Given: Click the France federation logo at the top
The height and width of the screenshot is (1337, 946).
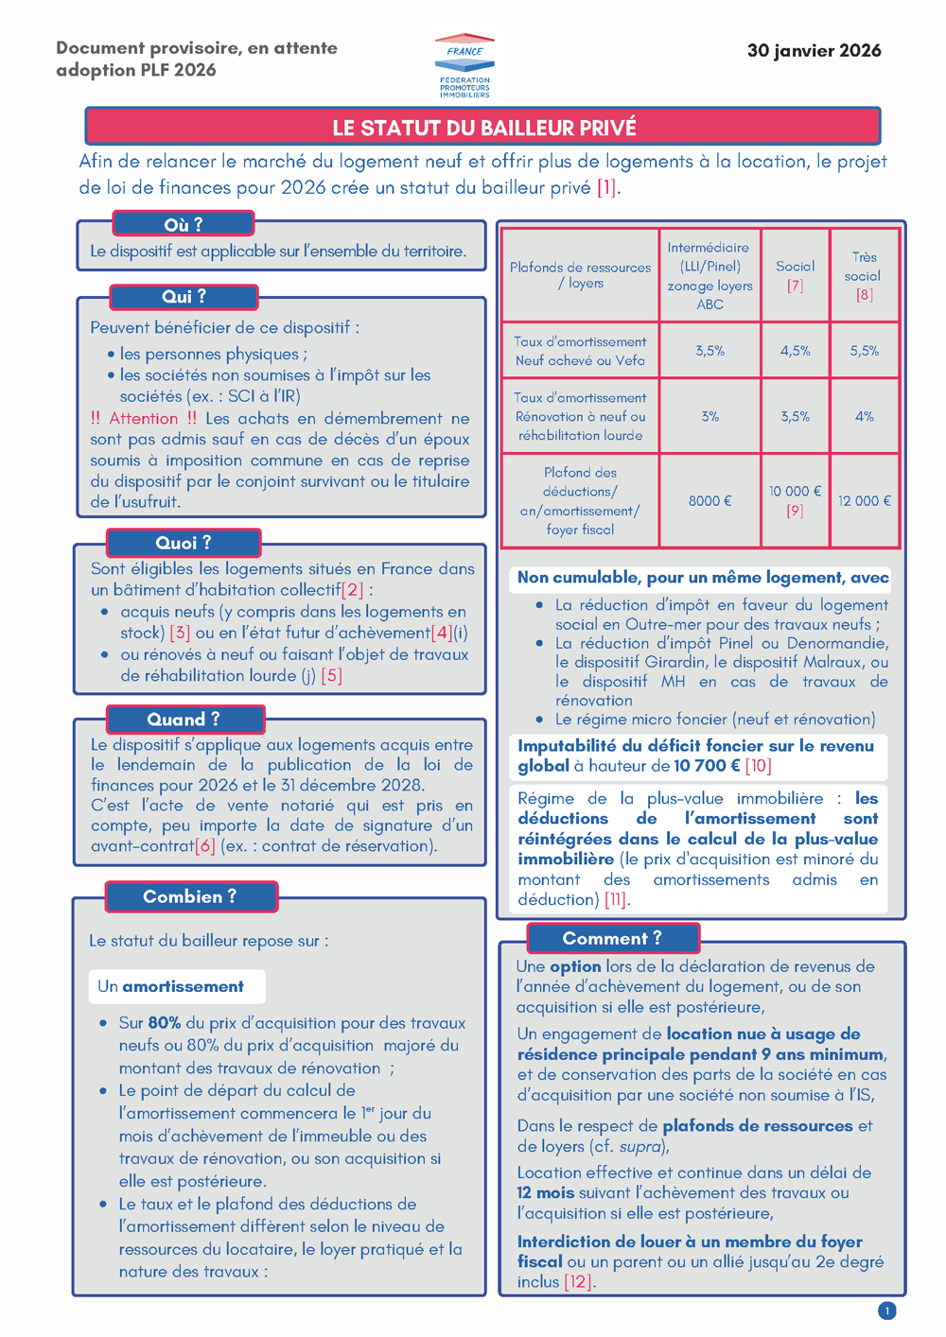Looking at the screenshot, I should pos(464,66).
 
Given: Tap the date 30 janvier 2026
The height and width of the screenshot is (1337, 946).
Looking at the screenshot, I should pos(814,51).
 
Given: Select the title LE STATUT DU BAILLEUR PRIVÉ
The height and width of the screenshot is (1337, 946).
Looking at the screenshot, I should pos(483,128).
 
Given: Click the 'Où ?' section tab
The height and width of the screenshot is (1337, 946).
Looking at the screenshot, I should pos(184,224).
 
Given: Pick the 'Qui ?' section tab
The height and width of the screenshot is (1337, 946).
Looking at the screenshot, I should pos(184,297).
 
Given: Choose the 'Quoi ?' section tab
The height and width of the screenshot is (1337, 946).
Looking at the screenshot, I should pos(184,543).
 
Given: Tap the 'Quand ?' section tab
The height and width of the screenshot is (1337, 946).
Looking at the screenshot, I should pos(184,720).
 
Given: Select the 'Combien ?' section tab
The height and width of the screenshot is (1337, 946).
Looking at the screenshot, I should pos(190,896).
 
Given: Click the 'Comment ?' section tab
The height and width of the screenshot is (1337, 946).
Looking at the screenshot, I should pos(612,938).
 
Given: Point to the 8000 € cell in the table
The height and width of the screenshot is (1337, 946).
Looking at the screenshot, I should pos(709,501).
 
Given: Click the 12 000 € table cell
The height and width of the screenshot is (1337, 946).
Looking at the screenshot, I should pos(864,501).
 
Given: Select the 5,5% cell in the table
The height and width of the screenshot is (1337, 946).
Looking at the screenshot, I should pos(864,351).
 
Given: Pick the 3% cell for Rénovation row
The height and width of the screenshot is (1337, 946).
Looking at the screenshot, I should pos(709,416).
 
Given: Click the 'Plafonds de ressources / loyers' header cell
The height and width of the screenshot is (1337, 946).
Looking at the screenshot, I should pos(580,275).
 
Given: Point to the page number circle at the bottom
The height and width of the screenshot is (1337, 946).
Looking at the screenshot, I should pos(886,1311).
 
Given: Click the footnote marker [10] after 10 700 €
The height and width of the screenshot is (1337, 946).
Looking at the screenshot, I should pos(759,766).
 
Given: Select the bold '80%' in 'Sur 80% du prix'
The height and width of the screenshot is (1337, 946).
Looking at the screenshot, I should pos(164,1023).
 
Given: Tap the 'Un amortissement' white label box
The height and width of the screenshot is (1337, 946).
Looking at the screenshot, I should pos(176,986).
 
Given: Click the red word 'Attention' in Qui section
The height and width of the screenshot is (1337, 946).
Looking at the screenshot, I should pos(143,419).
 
